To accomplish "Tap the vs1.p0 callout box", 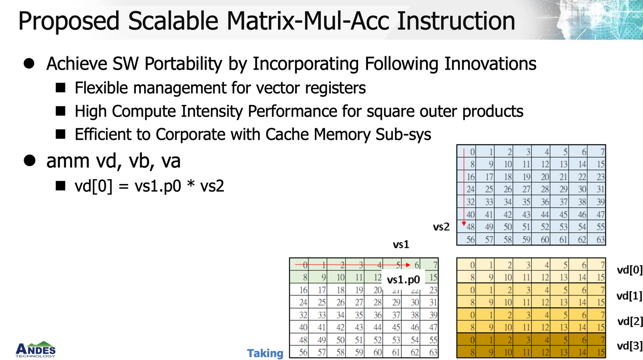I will (x=403, y=280).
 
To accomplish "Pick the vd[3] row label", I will (x=630, y=345).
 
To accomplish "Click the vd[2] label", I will (x=630, y=321).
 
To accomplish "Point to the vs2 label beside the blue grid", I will (x=441, y=227).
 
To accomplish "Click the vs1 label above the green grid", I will (x=401, y=245).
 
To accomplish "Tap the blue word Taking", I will (x=265, y=353).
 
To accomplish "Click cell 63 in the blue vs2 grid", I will (x=600, y=240).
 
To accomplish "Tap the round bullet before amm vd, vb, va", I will (x=29, y=161).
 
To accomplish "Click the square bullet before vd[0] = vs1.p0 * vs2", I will (x=61, y=186).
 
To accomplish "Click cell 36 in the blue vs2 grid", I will (x=544, y=202).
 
